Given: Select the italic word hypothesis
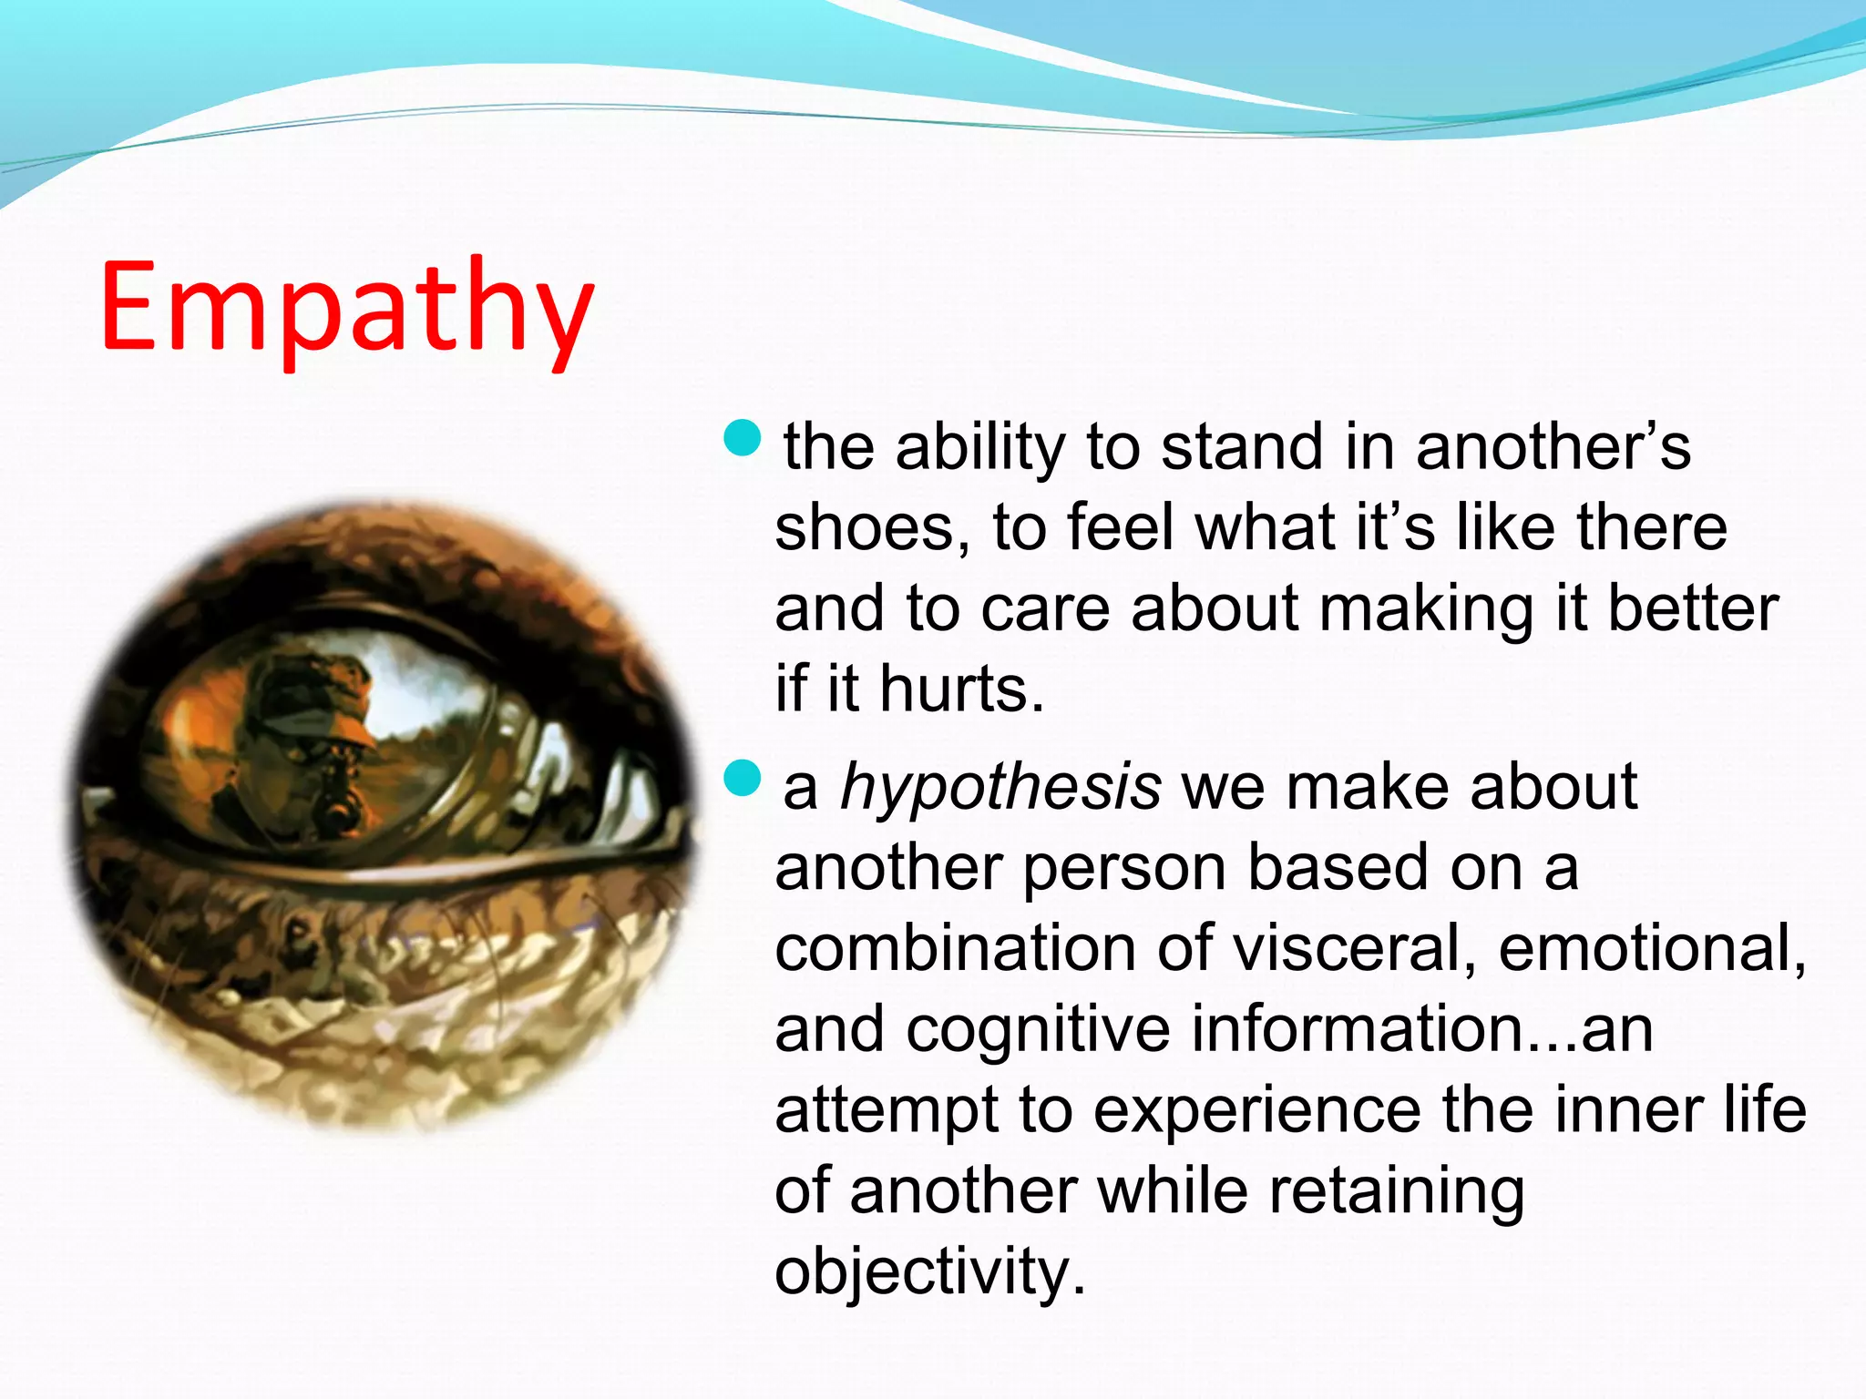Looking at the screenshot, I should click(x=1000, y=788).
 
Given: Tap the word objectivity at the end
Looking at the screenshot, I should click(x=929, y=1272).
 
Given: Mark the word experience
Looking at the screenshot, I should click(x=1257, y=1111).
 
